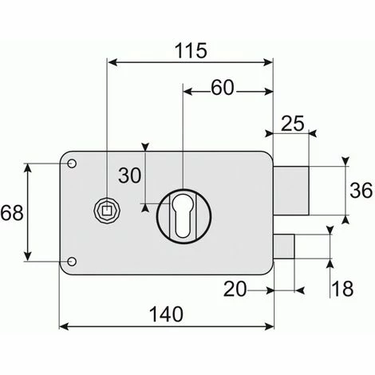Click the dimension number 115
coord(191,50)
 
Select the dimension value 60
coord(223,88)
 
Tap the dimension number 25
coord(292,124)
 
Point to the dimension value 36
coord(361,191)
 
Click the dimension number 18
coord(342,289)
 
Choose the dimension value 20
coord(235,289)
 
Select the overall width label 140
coord(166,314)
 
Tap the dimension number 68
coord(12,213)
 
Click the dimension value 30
coord(129,176)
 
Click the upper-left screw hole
coord(72,164)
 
